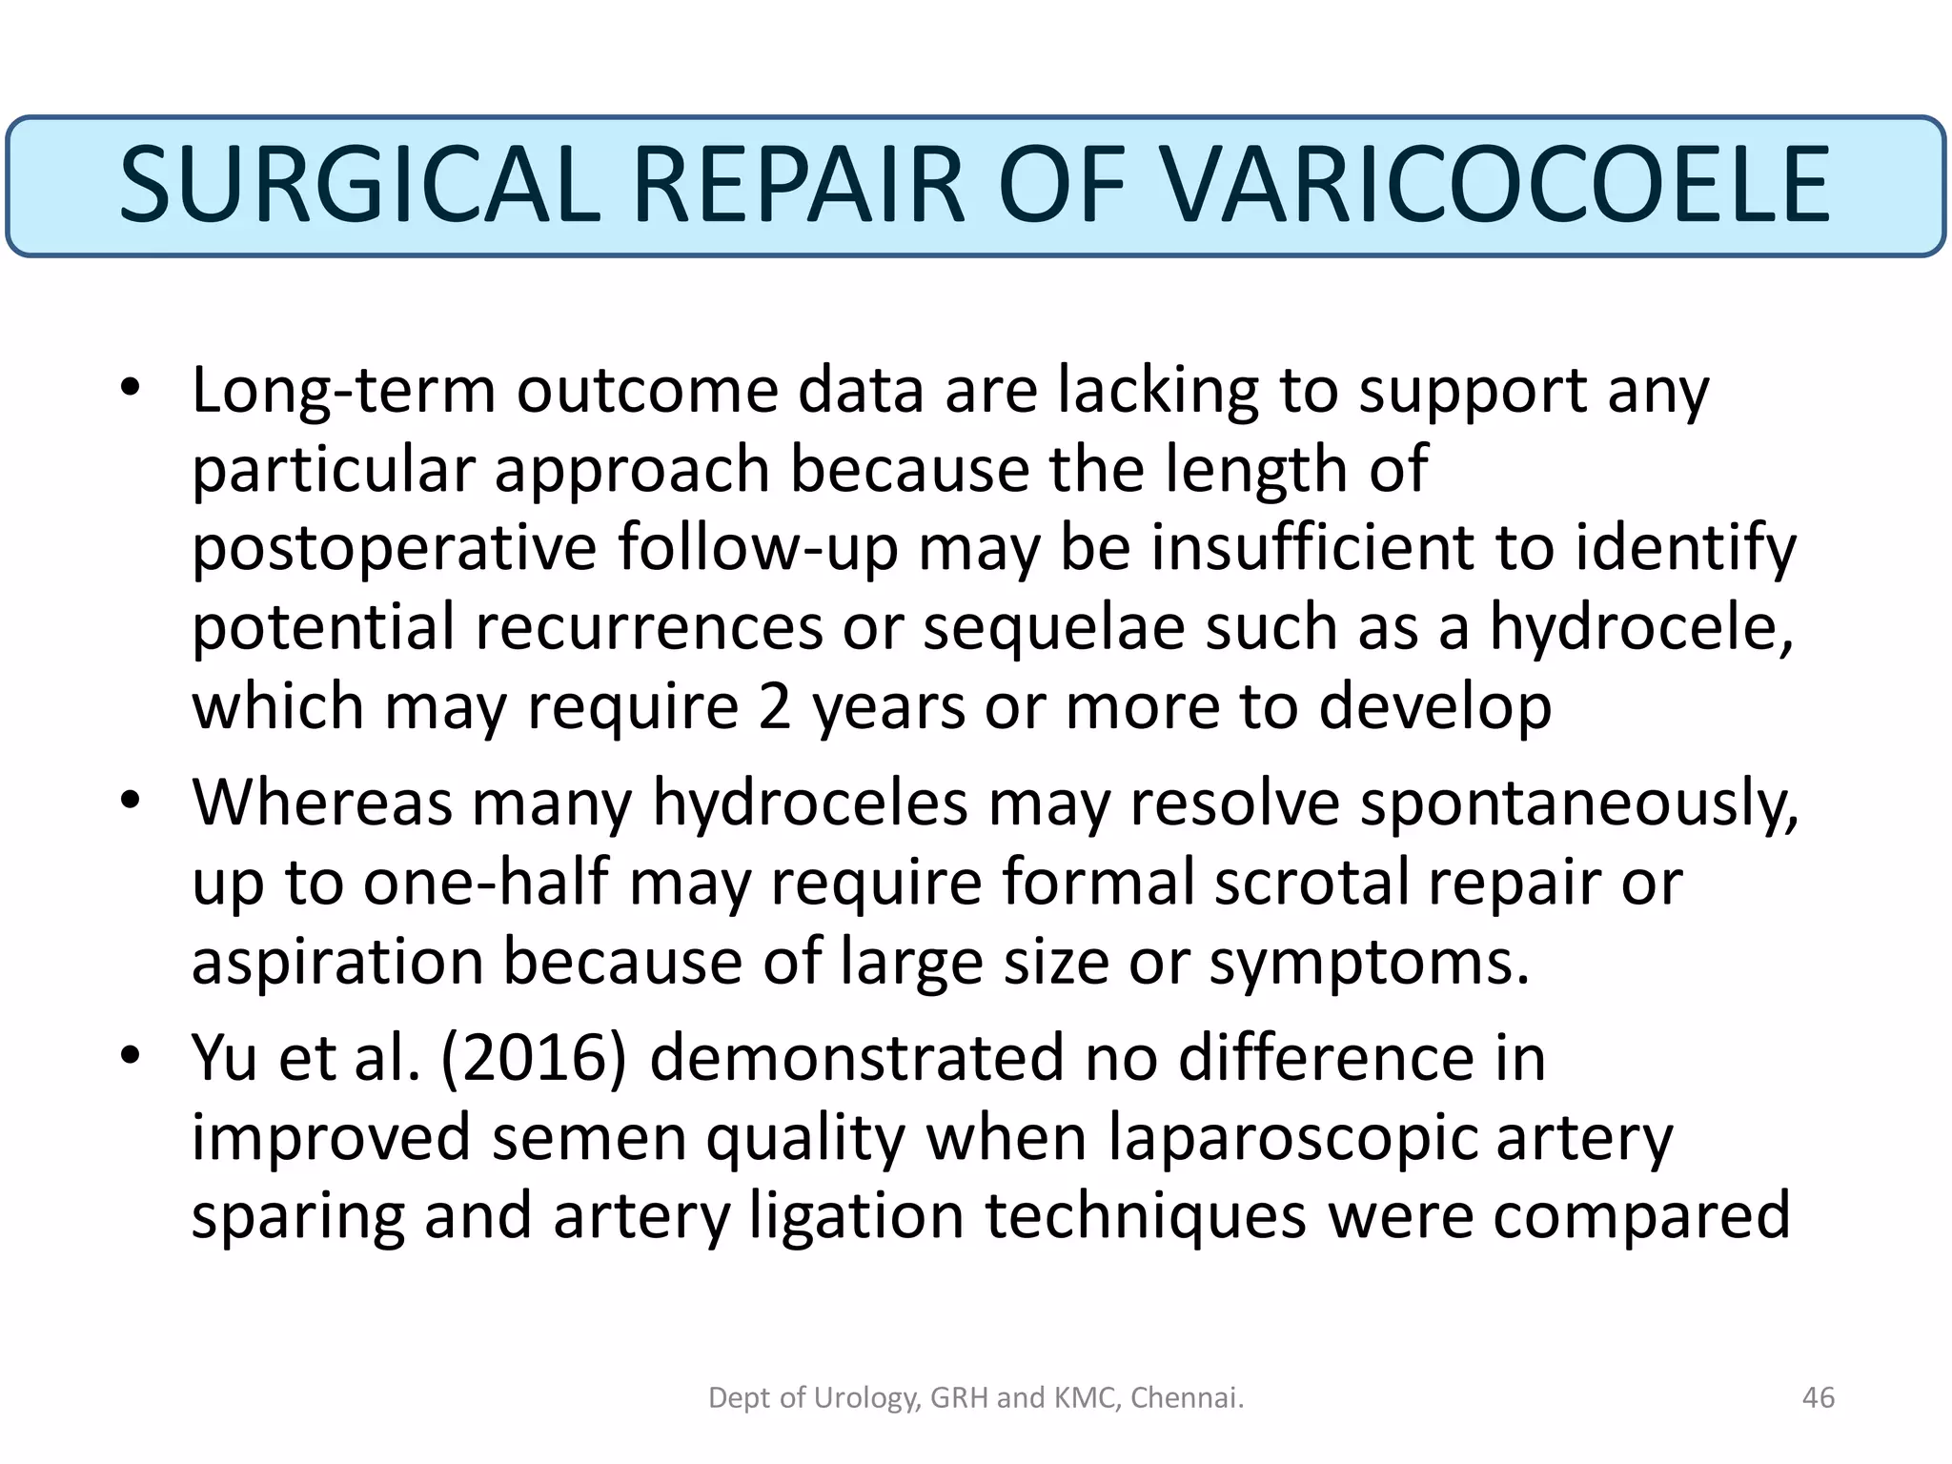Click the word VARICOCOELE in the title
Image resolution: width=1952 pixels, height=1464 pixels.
1496,185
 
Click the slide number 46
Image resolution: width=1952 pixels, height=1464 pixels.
1819,1397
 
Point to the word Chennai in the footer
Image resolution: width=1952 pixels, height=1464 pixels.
1188,1397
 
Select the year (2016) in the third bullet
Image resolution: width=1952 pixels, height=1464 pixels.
534,1058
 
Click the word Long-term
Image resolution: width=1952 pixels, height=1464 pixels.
343,391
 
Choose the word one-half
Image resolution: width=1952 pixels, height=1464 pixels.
485,883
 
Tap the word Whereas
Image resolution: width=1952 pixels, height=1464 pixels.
322,803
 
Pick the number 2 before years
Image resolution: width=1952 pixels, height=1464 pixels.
774,708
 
